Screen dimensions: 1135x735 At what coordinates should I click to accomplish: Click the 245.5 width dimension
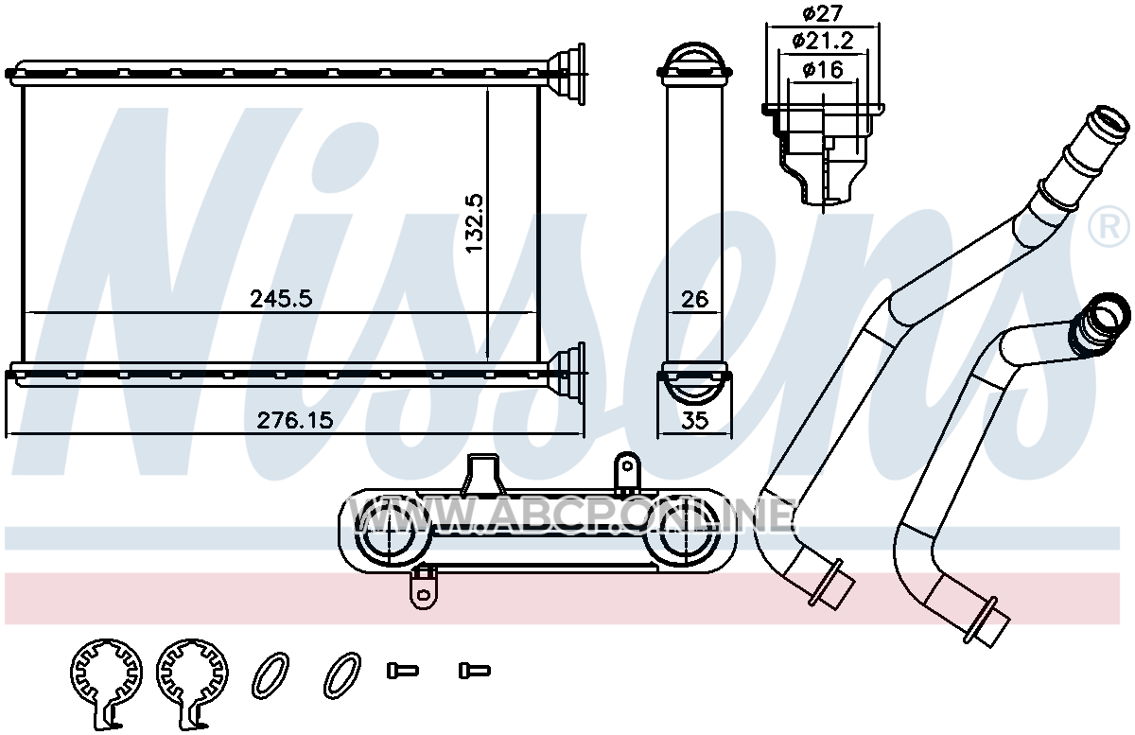[x=281, y=299]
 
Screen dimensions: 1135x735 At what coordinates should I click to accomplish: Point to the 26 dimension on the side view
[x=694, y=300]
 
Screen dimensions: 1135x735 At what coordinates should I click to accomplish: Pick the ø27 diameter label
[x=822, y=13]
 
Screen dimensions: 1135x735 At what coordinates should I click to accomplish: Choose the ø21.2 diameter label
[x=823, y=41]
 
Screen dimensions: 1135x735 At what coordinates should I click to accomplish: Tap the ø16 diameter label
[x=823, y=69]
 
